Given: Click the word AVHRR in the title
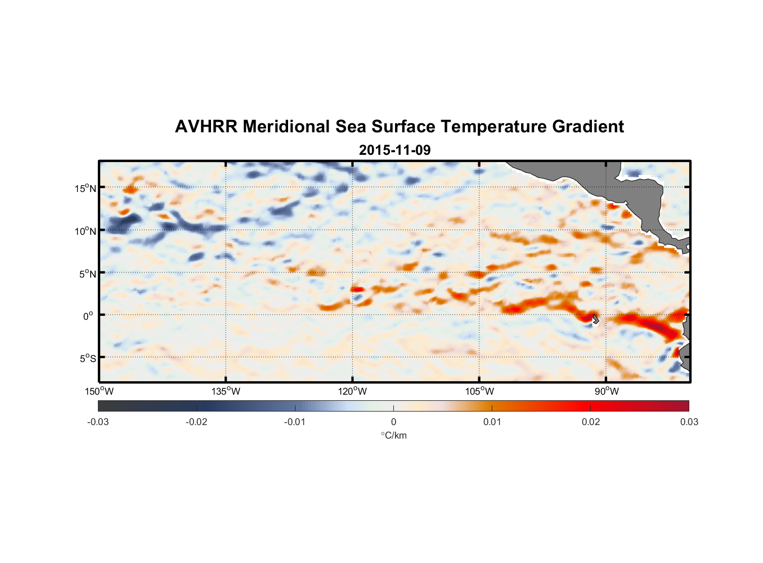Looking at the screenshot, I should (x=206, y=127).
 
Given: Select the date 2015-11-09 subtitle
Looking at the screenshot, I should (x=394, y=150).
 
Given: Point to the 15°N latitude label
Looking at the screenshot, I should (x=86, y=188).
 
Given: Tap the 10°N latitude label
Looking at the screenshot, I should (x=86, y=231).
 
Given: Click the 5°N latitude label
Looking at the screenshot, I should (x=87, y=274).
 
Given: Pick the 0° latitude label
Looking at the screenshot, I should (x=88, y=316).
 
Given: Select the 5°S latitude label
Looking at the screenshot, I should (x=87, y=359).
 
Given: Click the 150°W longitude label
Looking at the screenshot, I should (x=100, y=391).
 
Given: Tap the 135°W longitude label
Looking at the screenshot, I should (x=226, y=391).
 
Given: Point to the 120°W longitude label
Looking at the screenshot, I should (x=353, y=391).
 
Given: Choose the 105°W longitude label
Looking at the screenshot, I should (x=479, y=391).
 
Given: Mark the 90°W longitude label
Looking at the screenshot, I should (x=607, y=391).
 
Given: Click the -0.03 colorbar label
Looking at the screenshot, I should (x=98, y=422).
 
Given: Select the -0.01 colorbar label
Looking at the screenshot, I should (x=295, y=422).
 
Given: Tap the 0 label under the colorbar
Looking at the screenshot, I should (x=393, y=422).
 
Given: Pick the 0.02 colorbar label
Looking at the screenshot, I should (x=591, y=422).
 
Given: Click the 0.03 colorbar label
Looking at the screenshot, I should (x=689, y=422).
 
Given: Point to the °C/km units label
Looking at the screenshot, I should (x=393, y=435).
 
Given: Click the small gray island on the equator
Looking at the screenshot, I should (x=595, y=319).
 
